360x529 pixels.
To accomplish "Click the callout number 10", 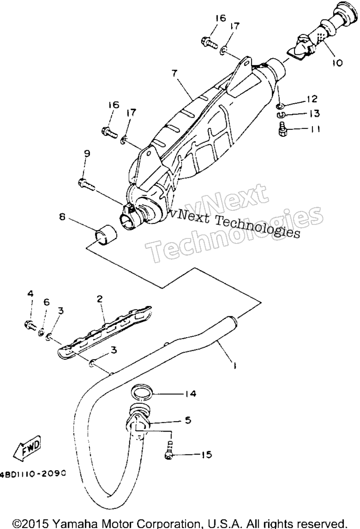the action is point(337,63).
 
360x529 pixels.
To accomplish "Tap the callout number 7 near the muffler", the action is point(174,73).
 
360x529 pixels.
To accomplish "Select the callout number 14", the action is point(190,394).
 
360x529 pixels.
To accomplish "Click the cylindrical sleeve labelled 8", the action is point(104,234).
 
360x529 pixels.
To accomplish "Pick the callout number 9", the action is point(87,153).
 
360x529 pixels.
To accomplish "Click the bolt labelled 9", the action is point(87,184).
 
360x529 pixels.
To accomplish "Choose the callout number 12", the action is point(312,99).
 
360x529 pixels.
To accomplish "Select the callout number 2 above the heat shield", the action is point(99,299).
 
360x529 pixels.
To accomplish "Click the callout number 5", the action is point(188,420).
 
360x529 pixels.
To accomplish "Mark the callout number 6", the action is point(47,302).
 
